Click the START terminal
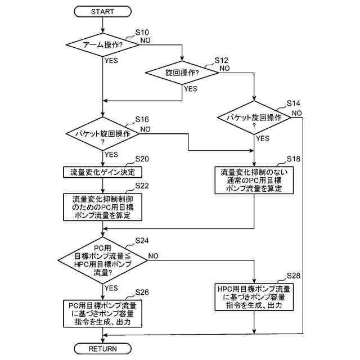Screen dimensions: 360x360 pos(102,11)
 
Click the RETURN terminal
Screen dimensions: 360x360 pos(102,349)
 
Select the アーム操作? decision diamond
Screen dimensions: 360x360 pos(102,44)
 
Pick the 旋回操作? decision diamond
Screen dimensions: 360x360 pos(183,73)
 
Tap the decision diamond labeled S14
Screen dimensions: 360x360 pos(254,118)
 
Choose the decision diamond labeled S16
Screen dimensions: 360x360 pos(102,134)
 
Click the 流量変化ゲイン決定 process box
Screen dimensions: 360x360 pos(102,171)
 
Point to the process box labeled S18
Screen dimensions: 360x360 pos(255,180)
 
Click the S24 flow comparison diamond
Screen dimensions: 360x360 pos(102,259)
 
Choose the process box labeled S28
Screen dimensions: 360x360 pos(255,298)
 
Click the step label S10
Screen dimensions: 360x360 pos(143,33)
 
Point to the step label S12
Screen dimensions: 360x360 pos(222,60)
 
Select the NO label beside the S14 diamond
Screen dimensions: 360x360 pos(296,112)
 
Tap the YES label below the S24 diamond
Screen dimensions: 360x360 pos(111,288)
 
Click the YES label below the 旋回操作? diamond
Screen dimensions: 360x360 pos(191,88)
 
